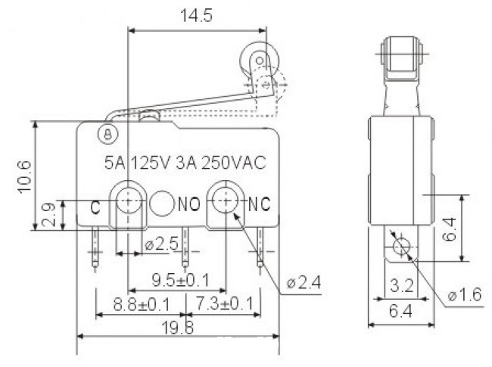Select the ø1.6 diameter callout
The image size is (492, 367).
tap(464, 294)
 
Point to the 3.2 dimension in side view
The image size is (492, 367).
tap(401, 285)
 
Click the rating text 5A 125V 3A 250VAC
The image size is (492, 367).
tap(184, 162)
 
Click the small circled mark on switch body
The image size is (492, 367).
tap(108, 134)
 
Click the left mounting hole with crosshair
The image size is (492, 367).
tap(129, 201)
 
